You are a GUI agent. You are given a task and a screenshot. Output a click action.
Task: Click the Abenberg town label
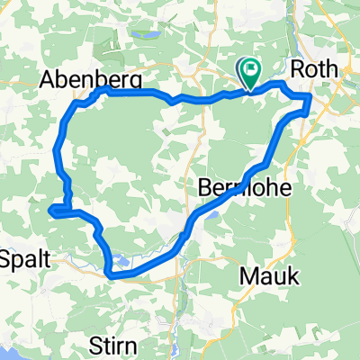[x=91, y=80]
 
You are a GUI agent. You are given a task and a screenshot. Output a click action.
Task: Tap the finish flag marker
[x=249, y=68]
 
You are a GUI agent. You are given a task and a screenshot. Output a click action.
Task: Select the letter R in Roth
[x=294, y=69]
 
